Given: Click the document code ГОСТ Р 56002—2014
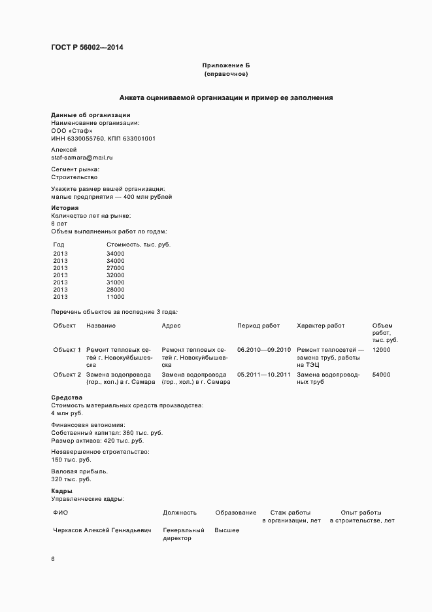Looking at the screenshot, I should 86,47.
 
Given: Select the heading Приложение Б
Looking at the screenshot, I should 226,66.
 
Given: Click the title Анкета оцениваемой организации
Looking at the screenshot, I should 226,97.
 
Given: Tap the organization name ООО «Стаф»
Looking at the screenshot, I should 67,130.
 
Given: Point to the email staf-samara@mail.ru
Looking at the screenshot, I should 82,158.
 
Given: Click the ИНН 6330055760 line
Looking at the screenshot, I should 103,139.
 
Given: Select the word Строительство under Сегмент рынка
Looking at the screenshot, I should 75,177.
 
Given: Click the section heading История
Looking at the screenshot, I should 65,208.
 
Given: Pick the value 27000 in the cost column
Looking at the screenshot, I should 115,267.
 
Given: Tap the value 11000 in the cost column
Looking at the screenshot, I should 115,297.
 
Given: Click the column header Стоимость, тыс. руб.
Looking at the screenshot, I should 138,244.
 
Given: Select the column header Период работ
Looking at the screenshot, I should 258,326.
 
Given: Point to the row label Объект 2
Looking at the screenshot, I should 67,375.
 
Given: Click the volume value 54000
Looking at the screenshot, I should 381,375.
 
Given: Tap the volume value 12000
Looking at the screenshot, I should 381,350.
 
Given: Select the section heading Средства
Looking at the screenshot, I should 67,398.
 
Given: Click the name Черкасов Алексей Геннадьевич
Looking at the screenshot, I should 102,530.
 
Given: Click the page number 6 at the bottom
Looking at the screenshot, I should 53,560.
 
